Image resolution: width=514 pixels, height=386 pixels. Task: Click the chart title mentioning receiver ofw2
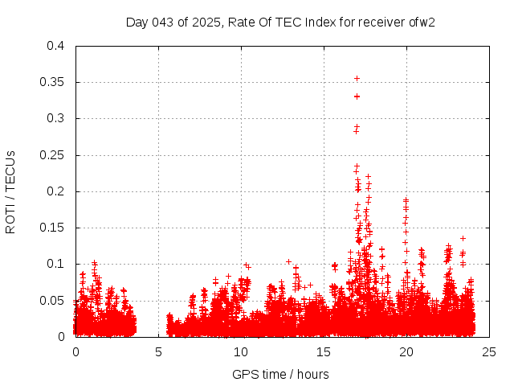click(280, 22)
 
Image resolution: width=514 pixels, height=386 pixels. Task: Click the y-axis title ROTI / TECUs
click(10, 191)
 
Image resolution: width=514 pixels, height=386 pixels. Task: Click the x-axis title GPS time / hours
click(280, 374)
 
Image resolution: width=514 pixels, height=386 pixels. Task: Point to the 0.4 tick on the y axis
click(55, 46)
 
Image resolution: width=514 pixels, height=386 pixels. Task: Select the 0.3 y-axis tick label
click(55, 118)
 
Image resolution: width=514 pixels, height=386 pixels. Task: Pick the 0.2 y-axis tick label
click(55, 191)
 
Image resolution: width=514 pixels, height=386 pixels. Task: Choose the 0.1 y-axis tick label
click(55, 264)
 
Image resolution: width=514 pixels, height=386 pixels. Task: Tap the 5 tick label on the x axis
click(159, 351)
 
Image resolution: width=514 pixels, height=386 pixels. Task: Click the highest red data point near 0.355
click(357, 78)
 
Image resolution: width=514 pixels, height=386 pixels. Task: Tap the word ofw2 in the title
click(422, 22)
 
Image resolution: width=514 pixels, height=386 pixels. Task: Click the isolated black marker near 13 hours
click(288, 261)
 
